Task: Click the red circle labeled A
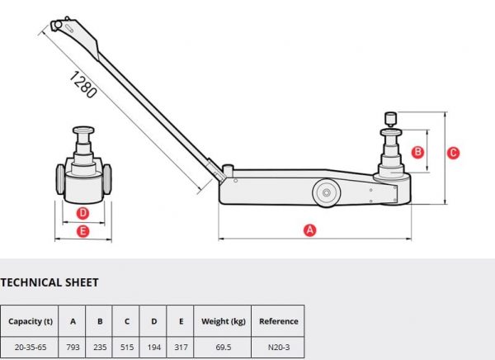(x=309, y=230)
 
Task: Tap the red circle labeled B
(x=417, y=152)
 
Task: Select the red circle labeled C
(x=453, y=153)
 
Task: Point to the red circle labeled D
(x=82, y=213)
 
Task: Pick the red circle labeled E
(x=82, y=231)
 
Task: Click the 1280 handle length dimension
(x=82, y=84)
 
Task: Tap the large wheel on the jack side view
(x=326, y=192)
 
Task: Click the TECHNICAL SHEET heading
(x=49, y=282)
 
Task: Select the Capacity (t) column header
(x=31, y=321)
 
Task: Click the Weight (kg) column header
(x=224, y=321)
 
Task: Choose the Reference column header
(x=279, y=321)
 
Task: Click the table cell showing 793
(x=73, y=347)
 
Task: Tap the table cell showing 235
(x=100, y=347)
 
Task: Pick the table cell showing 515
(x=127, y=347)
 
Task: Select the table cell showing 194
(x=153, y=347)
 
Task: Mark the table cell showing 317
(x=181, y=347)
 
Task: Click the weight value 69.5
(x=224, y=348)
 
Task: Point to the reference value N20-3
(x=279, y=348)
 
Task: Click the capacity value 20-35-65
(x=31, y=348)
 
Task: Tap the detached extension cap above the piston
(x=390, y=120)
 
